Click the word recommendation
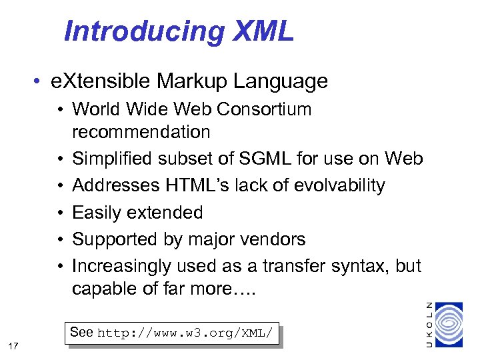[141, 132]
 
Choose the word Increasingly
[121, 266]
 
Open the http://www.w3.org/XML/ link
[185, 333]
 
